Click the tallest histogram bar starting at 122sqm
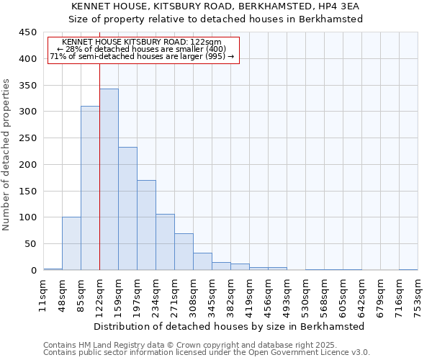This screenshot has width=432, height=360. pos(109,180)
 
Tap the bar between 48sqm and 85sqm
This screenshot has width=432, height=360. pos(71,243)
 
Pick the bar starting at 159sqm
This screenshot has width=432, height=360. pos(127,209)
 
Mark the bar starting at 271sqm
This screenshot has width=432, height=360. pos(184,252)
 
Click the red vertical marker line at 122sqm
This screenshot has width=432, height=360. pos(99,86)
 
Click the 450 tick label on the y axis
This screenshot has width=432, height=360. pos(28,32)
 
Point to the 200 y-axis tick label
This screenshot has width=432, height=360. pos(28,165)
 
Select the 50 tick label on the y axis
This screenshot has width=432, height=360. pos(31,244)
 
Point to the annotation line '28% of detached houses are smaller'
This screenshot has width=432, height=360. pos(143,49)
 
